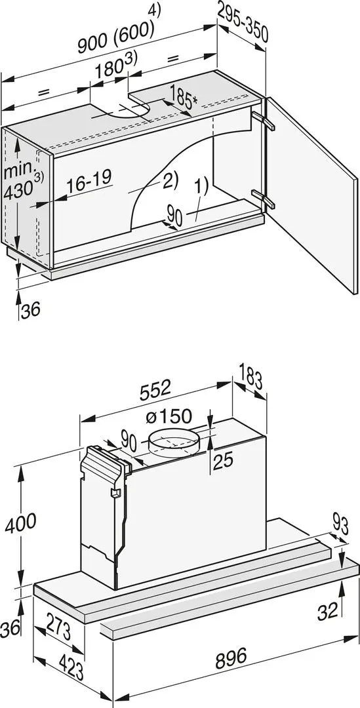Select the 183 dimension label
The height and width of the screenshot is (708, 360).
click(252, 380)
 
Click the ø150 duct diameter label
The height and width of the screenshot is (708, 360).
click(169, 416)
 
